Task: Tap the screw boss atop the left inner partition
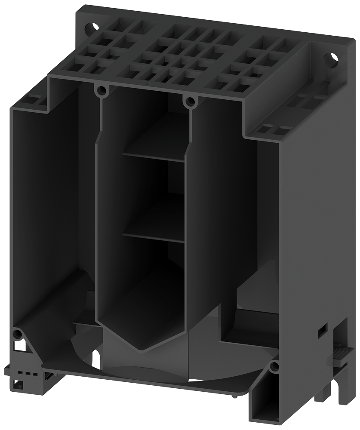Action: pos(102,90)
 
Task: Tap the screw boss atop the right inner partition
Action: pos(189,102)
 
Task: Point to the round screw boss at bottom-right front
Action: pos(274,366)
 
